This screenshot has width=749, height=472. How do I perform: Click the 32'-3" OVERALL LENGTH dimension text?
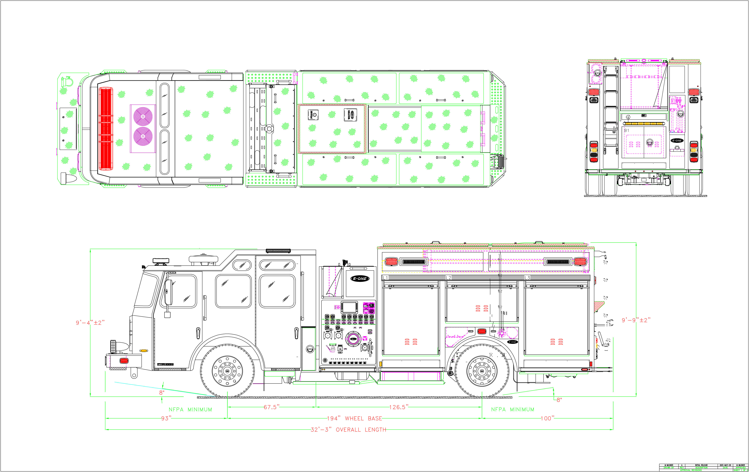348,430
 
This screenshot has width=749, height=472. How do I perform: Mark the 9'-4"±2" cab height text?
90,323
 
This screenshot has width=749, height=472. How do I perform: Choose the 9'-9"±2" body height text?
636,320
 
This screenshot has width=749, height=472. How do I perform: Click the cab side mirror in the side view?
168,293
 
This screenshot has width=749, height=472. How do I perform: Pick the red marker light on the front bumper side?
124,361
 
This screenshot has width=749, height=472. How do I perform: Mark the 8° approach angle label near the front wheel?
162,393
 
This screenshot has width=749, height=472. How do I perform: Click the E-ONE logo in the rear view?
677,140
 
